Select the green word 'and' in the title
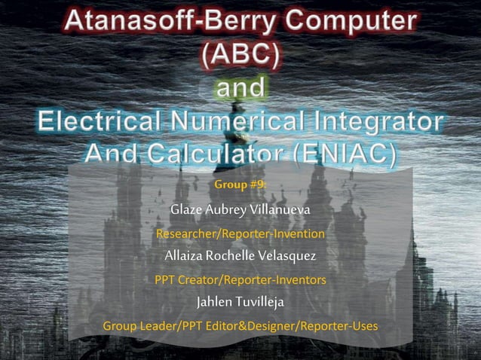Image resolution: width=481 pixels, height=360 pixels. click(x=240, y=87)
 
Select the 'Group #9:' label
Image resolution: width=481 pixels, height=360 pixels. click(x=240, y=184)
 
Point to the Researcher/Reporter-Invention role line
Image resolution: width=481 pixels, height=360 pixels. click(x=240, y=233)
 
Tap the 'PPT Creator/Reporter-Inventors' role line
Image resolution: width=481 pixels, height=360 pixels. click(x=240, y=280)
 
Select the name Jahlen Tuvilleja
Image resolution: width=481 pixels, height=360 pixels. click(x=240, y=303)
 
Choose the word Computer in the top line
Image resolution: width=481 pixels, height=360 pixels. click(x=359, y=20)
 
